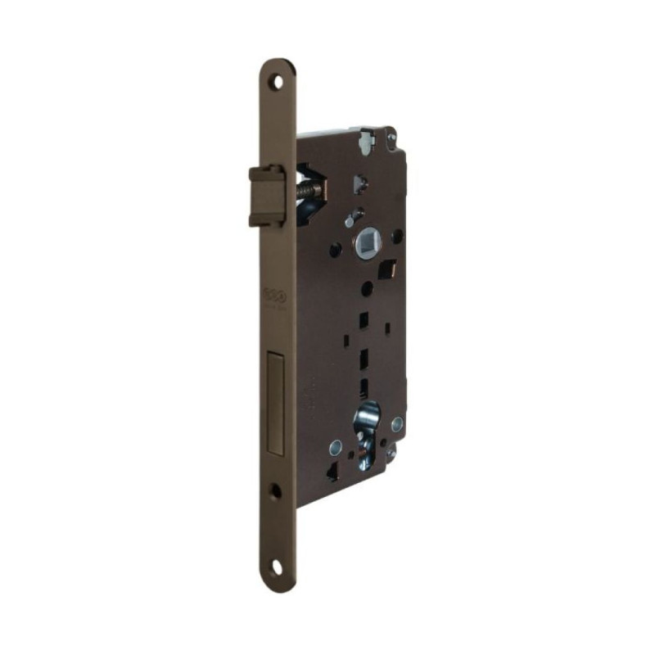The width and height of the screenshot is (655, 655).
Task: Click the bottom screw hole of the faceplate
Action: [x=278, y=565]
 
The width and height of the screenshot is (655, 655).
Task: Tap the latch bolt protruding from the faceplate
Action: [x=267, y=195]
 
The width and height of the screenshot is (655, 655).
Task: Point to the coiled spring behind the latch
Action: [x=310, y=189]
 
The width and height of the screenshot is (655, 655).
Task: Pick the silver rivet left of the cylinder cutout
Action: [x=336, y=446]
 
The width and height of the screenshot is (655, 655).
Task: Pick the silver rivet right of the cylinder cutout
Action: [x=397, y=424]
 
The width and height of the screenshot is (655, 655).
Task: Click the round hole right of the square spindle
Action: [x=397, y=237]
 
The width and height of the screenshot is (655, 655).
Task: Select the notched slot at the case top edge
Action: [x=366, y=145]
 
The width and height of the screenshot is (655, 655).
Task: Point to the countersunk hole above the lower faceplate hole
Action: [x=275, y=491]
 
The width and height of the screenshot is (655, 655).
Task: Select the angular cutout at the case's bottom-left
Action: [x=332, y=473]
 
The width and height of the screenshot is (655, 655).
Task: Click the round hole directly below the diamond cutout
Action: [x=368, y=288]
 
